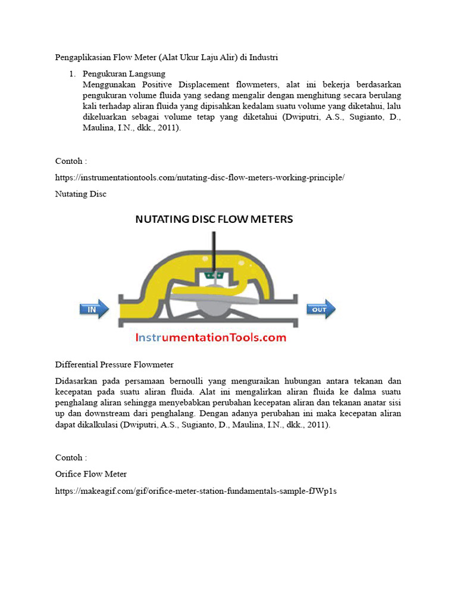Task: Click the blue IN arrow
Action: coord(94,309)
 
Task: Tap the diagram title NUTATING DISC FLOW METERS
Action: coord(214,219)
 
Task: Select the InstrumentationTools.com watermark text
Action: coord(211,338)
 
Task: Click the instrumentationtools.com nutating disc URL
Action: coord(200,178)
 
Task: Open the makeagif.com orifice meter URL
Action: coord(196,491)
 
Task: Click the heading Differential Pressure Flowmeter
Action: coord(114,364)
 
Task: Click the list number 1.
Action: coord(71,74)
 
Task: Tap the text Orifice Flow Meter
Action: coord(91,474)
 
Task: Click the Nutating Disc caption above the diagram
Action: coord(81,194)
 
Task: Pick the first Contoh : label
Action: coord(71,161)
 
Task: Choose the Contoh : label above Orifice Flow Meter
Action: coord(71,457)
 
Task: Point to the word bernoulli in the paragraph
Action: coord(200,381)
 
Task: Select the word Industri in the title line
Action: coord(264,58)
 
